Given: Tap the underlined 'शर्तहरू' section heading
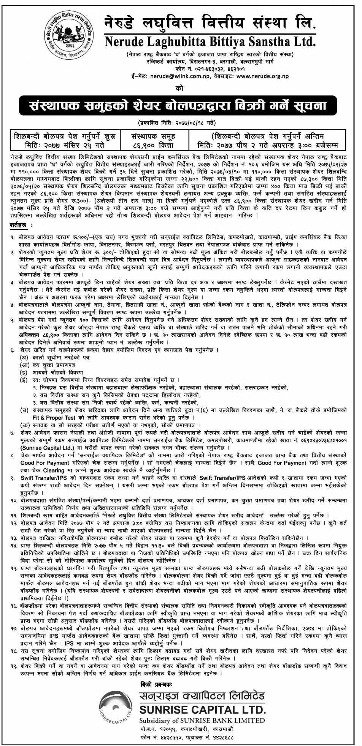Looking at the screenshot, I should [19, 225].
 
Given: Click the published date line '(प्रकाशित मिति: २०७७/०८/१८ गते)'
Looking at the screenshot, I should [181, 124].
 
